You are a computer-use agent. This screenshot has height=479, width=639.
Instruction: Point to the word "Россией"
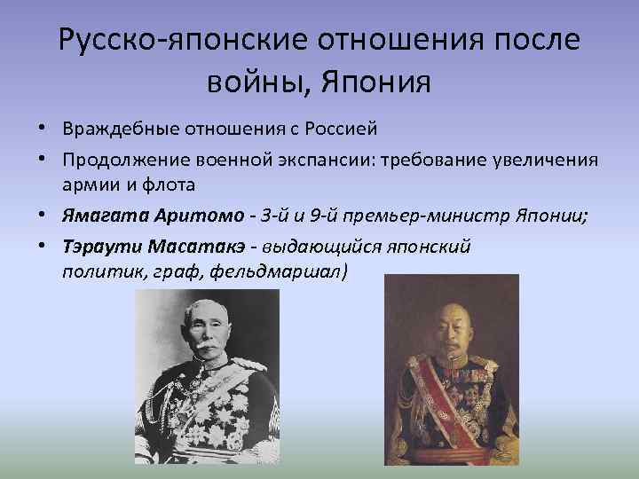coord(343,129)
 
